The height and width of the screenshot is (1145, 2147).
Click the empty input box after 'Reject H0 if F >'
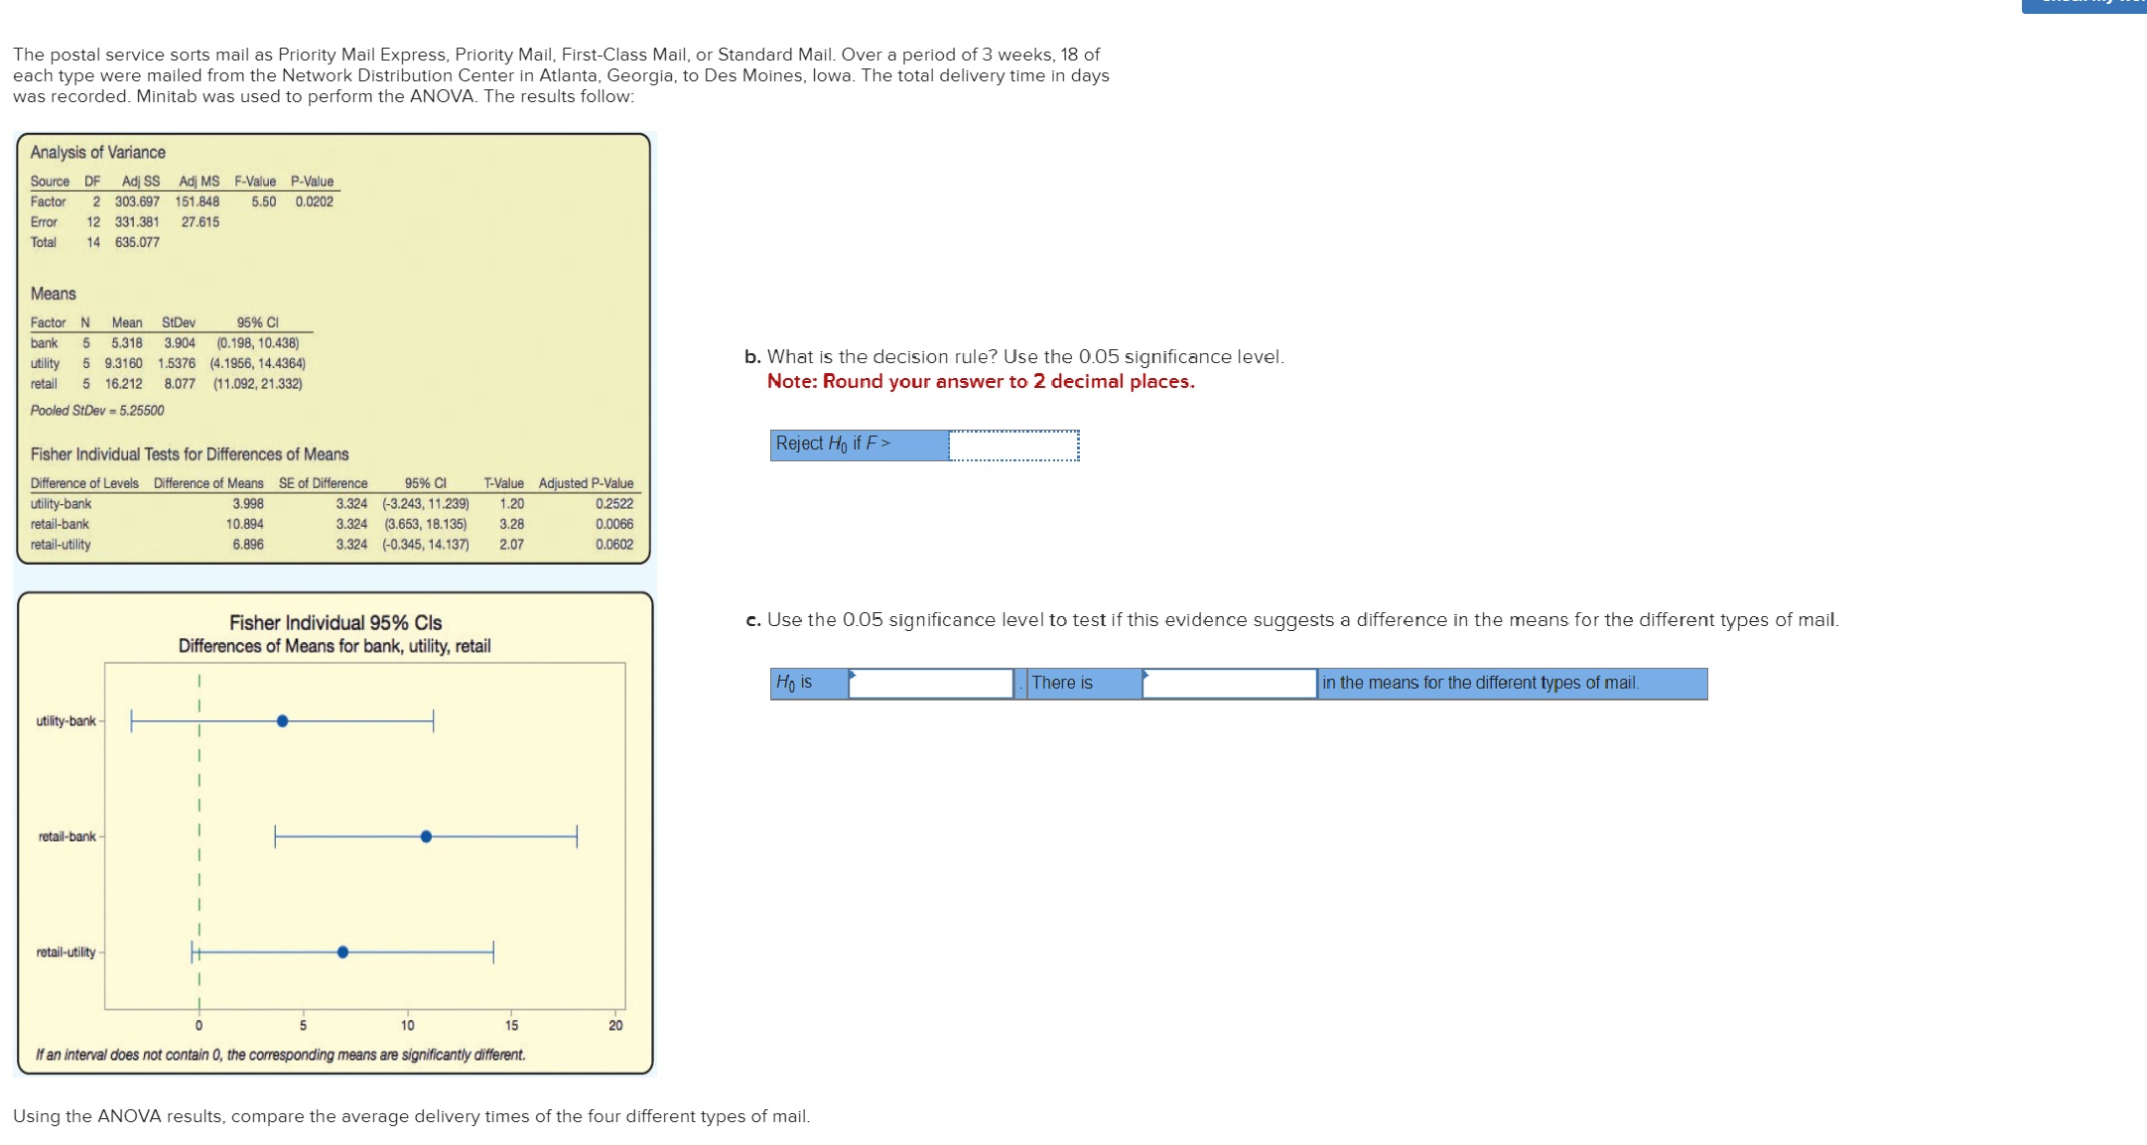pos(1013,445)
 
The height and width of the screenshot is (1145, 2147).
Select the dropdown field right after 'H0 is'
pos(930,684)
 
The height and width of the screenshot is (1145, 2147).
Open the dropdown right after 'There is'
pos(1229,684)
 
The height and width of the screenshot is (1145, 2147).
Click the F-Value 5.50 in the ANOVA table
pos(263,201)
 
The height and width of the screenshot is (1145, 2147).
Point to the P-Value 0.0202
pos(314,201)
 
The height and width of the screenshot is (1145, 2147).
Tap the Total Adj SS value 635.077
pos(137,242)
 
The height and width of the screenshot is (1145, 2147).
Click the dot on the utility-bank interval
pos(283,721)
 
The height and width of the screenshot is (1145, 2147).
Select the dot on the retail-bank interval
pos(426,836)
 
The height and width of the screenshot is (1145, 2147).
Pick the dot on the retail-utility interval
pos(342,953)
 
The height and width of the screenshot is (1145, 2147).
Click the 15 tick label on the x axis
pos(511,1026)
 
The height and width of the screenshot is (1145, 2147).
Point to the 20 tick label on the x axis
pos(615,1026)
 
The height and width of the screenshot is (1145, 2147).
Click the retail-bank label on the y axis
pos(67,836)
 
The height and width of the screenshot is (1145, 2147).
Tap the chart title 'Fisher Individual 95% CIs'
pos(335,623)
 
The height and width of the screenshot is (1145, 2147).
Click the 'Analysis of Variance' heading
pos(97,152)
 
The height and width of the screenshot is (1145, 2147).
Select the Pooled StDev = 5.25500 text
pos(97,411)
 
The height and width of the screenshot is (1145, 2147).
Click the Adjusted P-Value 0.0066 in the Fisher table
pos(613,524)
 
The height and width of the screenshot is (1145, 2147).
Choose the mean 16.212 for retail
pos(123,384)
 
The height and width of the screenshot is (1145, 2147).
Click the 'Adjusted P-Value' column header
pos(586,483)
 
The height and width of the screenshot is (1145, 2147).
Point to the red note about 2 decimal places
pos(980,382)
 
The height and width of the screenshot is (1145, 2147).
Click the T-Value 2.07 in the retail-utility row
pos(511,545)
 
